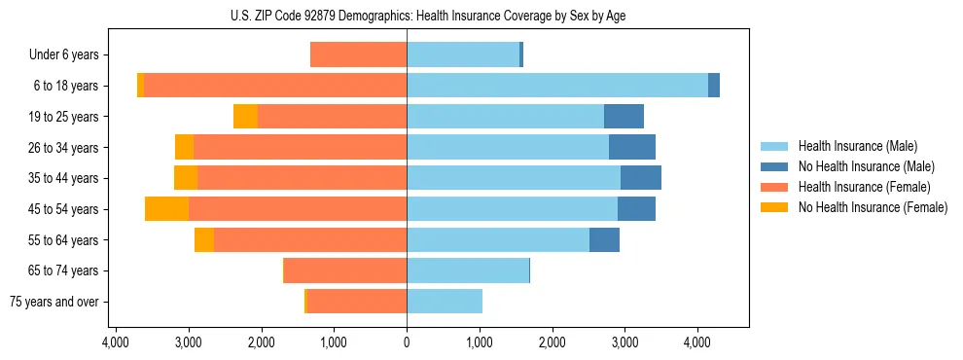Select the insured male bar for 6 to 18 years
click(556, 86)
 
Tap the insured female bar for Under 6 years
click(358, 54)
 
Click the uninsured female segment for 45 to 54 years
click(166, 209)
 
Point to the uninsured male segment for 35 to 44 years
click(640, 178)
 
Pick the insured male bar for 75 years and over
click(445, 302)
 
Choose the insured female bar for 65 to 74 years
click(345, 270)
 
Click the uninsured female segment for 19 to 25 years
click(245, 117)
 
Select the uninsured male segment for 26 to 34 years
click(631, 148)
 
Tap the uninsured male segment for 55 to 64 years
click(604, 240)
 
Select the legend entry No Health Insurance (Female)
click(873, 207)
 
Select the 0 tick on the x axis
click(407, 343)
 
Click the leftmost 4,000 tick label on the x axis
click(116, 343)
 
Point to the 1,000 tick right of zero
click(479, 343)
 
